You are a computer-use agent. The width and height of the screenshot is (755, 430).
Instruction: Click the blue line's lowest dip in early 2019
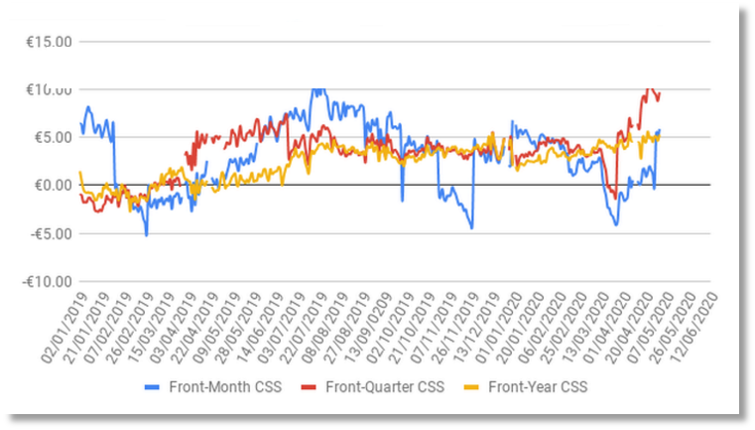pos(147,234)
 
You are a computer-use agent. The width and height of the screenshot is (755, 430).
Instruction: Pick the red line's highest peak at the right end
pos(650,89)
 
